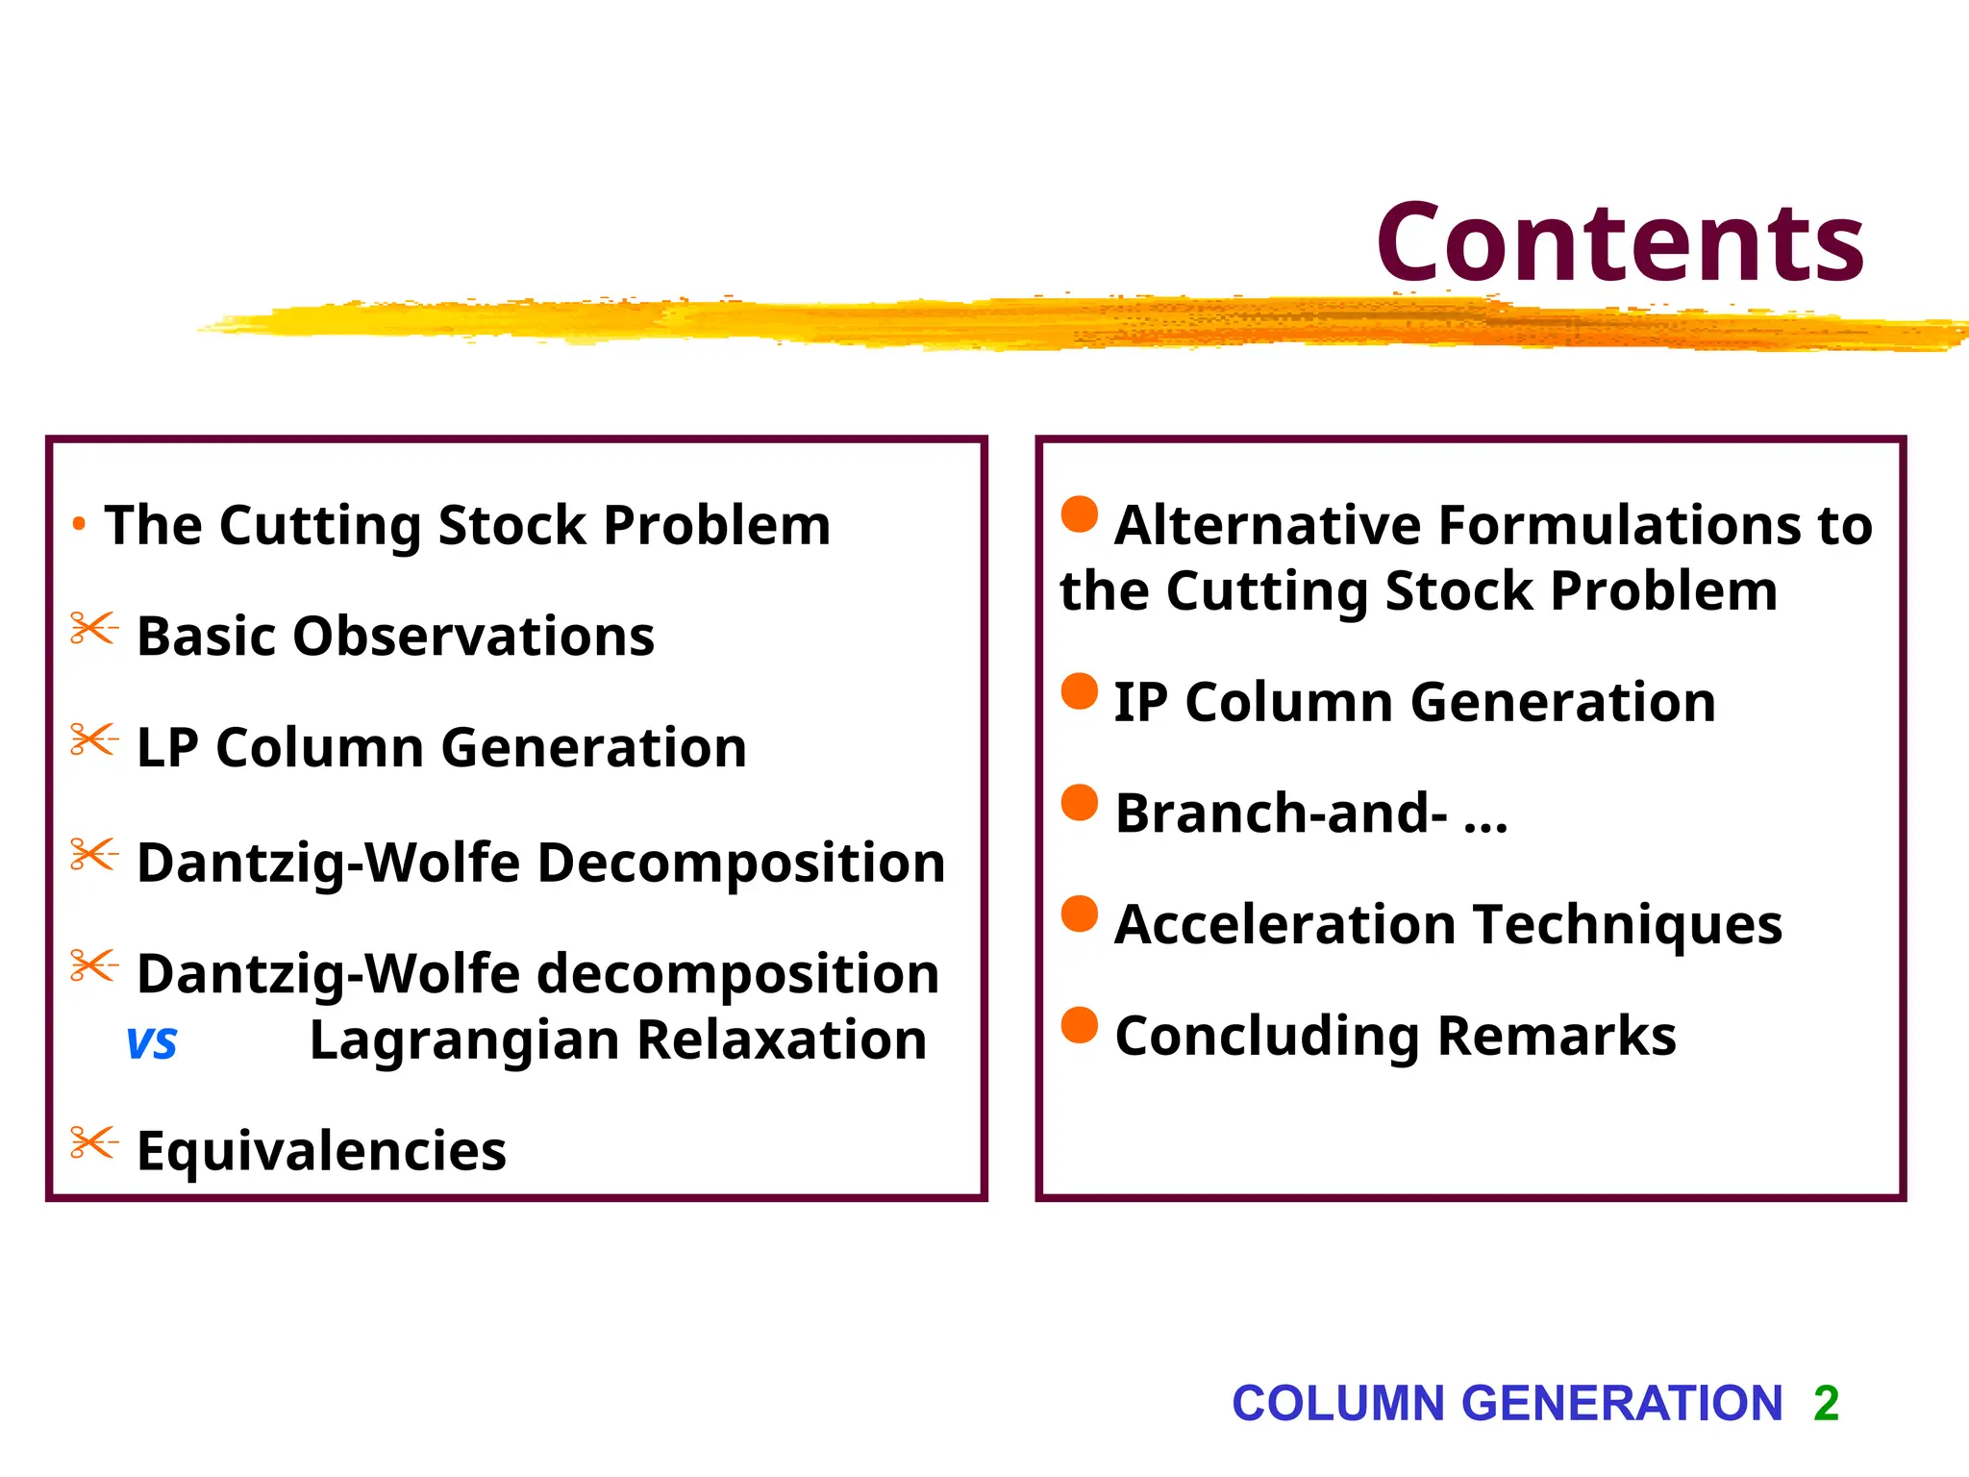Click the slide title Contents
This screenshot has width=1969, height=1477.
point(1620,242)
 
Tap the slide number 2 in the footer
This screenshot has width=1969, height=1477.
point(1826,1403)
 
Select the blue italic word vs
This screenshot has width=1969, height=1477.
point(152,1042)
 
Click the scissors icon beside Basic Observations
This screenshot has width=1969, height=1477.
point(94,629)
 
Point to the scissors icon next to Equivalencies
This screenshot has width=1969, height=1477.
point(94,1142)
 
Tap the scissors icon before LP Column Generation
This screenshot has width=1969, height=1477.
point(94,740)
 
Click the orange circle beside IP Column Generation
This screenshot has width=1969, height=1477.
point(1080,691)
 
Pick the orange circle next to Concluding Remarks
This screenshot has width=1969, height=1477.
point(1080,1025)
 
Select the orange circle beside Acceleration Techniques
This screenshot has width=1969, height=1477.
point(1080,914)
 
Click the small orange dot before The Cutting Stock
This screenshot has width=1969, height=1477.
point(80,525)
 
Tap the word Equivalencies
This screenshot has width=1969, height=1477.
point(321,1151)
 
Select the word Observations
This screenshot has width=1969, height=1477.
point(473,637)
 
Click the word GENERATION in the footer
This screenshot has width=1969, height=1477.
point(1622,1403)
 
